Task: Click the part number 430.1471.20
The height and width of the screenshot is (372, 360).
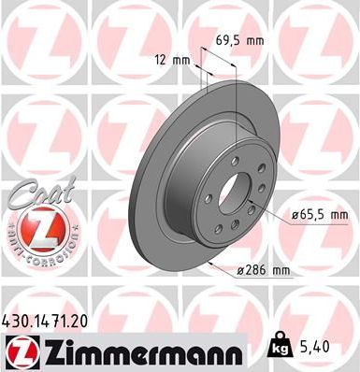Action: [x=49, y=321]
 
